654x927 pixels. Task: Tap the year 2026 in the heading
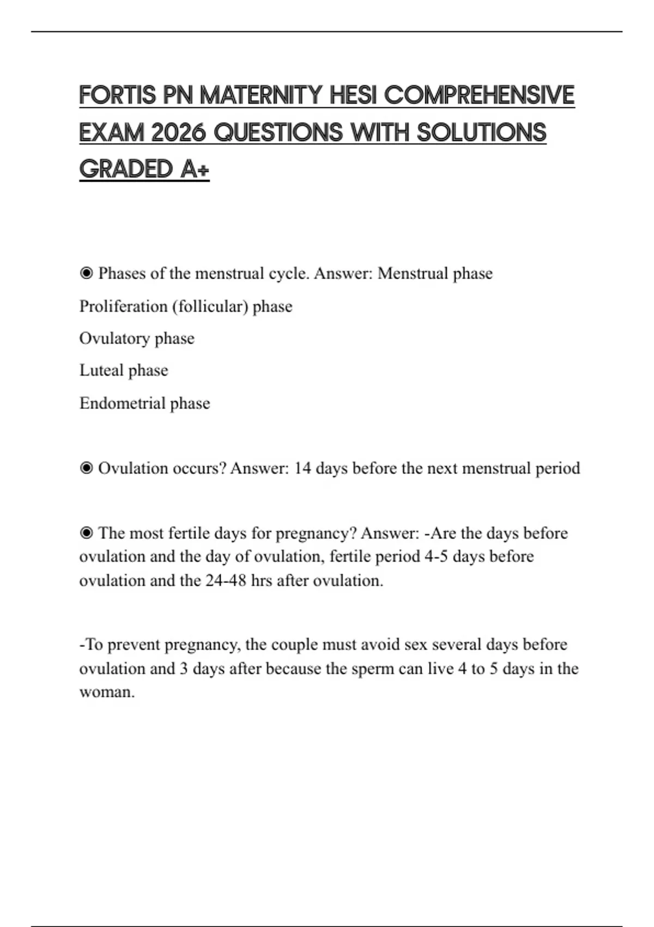point(176,133)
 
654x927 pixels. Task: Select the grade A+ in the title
point(194,169)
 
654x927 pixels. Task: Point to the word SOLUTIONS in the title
point(482,133)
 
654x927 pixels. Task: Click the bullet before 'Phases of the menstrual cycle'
point(86,273)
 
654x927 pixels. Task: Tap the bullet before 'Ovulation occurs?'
point(86,468)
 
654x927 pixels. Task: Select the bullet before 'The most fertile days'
point(86,533)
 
